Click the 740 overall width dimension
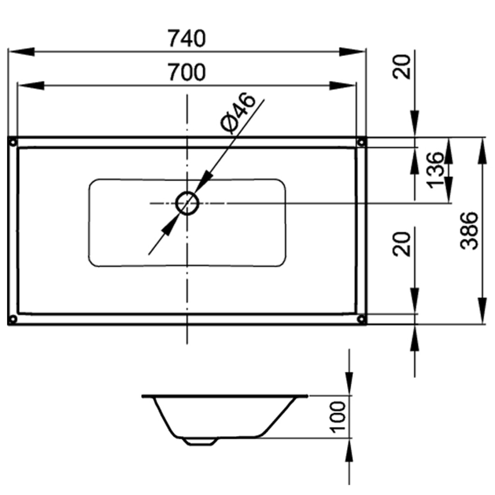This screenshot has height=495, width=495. [187, 38]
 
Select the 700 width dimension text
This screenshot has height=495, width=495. [187, 72]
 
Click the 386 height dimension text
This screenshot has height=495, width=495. [469, 230]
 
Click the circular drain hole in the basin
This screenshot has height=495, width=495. [187, 203]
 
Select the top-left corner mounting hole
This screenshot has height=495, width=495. [13, 142]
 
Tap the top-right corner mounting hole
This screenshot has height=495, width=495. [361, 142]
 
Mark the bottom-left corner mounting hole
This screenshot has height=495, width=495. [13, 319]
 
